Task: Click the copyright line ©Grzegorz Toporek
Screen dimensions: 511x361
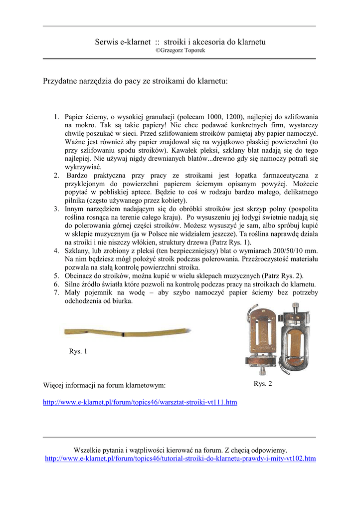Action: [180, 50]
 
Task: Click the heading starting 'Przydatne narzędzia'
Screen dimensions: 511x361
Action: [136, 80]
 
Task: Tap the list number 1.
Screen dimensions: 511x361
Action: [56, 117]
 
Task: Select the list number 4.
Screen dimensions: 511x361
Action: [56, 251]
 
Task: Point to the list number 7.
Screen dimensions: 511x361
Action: [56, 292]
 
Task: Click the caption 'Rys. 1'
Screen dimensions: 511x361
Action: [78, 351]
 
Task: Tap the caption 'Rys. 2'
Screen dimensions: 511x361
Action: [263, 384]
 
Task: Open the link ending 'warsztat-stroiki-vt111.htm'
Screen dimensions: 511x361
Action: [140, 402]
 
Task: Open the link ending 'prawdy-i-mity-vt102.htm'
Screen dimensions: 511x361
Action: [180, 458]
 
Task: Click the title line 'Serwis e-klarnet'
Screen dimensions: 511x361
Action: [180, 42]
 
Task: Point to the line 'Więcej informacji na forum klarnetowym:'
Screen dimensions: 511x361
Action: [104, 385]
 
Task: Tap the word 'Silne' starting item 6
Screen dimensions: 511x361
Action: [74, 284]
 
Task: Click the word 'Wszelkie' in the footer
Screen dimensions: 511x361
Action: [87, 450]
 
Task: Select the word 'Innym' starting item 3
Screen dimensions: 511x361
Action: [75, 209]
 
